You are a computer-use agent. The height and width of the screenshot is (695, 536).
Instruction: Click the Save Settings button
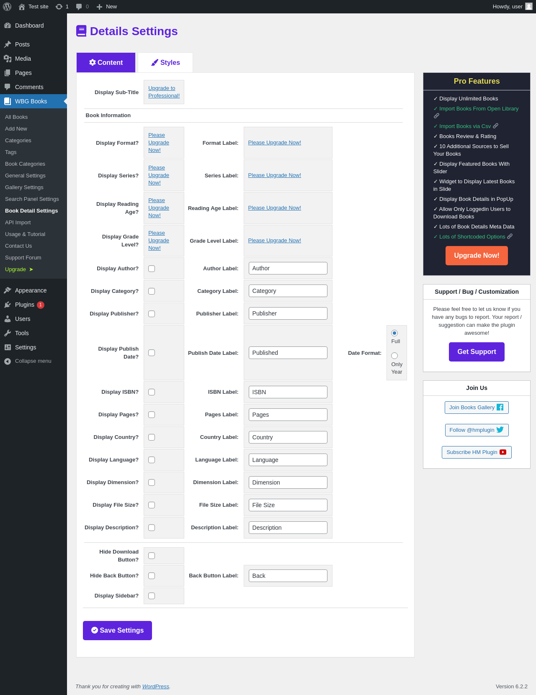(x=117, y=630)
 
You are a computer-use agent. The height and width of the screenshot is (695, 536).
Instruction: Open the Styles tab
(x=165, y=62)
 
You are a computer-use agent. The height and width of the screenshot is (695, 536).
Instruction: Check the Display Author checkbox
(x=152, y=269)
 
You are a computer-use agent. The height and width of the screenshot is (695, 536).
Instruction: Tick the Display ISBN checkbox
(x=152, y=392)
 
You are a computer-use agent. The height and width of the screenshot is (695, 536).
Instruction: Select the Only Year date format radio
(x=394, y=356)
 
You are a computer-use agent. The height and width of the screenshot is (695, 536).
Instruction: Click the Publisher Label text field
(x=288, y=313)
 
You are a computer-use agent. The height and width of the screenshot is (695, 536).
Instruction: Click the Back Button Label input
(x=288, y=576)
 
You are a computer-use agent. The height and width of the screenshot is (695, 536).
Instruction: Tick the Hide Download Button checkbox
(x=152, y=556)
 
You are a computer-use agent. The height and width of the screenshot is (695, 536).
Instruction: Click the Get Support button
(x=477, y=352)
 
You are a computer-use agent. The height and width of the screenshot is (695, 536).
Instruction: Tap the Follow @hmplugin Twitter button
(x=477, y=430)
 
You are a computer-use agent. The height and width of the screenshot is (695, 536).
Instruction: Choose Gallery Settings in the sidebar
(x=24, y=187)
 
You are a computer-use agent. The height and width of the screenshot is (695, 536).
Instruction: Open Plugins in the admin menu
(x=25, y=305)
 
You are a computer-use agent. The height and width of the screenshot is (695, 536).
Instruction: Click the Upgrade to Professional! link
(x=164, y=92)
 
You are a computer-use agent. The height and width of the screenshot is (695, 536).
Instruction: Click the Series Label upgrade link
(x=275, y=175)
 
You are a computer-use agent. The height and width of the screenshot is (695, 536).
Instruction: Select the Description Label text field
(x=288, y=528)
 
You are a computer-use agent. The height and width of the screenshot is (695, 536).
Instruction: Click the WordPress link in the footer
(x=156, y=686)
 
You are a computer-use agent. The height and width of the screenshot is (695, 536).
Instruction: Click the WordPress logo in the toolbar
(x=7, y=7)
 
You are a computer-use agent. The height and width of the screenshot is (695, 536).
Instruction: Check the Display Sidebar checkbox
(x=152, y=596)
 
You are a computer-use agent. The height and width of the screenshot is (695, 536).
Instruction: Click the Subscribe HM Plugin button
(x=477, y=452)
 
